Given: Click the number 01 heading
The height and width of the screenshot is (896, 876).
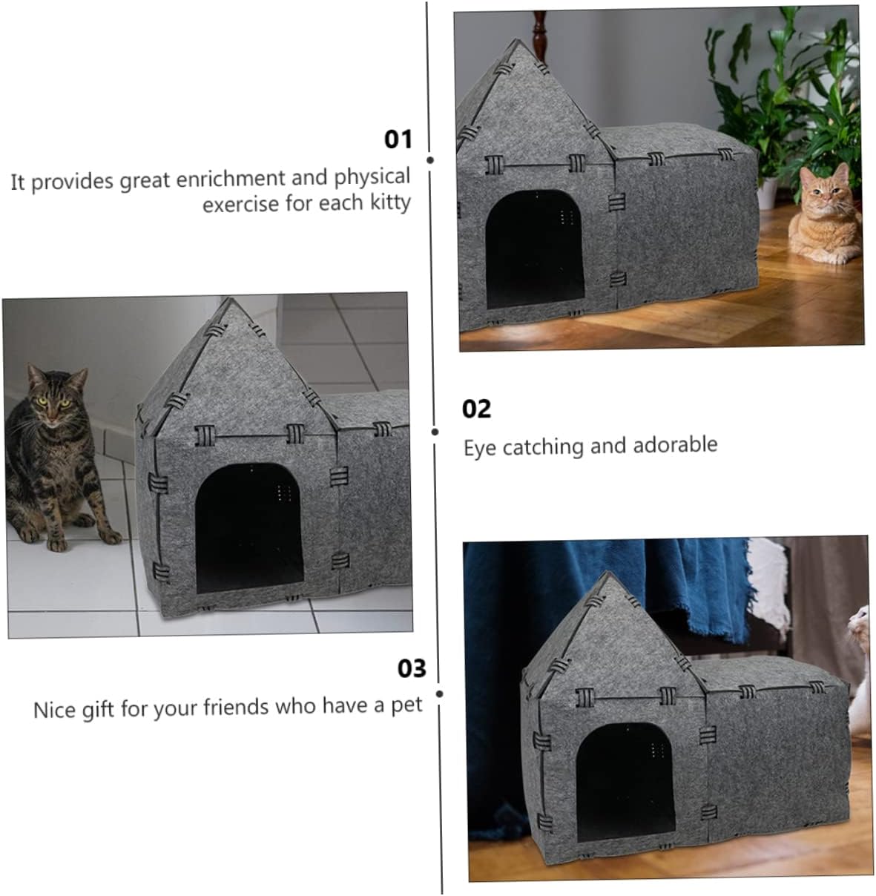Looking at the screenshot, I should pyautogui.click(x=398, y=139).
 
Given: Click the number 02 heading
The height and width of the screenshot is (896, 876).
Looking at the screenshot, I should pyautogui.click(x=476, y=409).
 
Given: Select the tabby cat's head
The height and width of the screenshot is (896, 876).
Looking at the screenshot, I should pyautogui.click(x=52, y=393).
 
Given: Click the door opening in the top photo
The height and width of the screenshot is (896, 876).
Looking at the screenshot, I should pyautogui.click(x=534, y=248).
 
